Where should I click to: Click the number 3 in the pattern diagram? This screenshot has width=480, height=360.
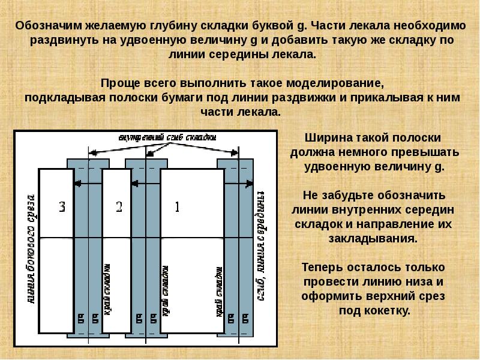62,208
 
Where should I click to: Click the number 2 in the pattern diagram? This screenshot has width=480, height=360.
119,208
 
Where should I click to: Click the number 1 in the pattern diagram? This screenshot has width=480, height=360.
177,208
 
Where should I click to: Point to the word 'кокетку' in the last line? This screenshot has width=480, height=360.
388,311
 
